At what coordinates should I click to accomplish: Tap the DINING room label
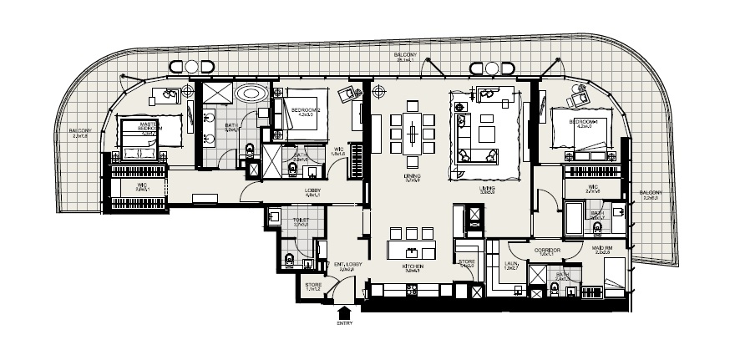coord(412,176)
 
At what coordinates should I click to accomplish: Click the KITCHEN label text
coord(413,266)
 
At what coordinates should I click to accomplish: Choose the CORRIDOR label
coord(547,250)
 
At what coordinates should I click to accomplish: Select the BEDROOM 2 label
coord(302,109)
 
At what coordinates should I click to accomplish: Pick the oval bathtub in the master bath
coord(251,93)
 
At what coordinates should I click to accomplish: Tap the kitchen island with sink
coord(412,251)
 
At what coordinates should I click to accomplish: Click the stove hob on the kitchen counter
coord(411,290)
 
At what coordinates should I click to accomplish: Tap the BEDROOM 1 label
coord(584,122)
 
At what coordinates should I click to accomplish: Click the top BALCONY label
coord(407,56)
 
